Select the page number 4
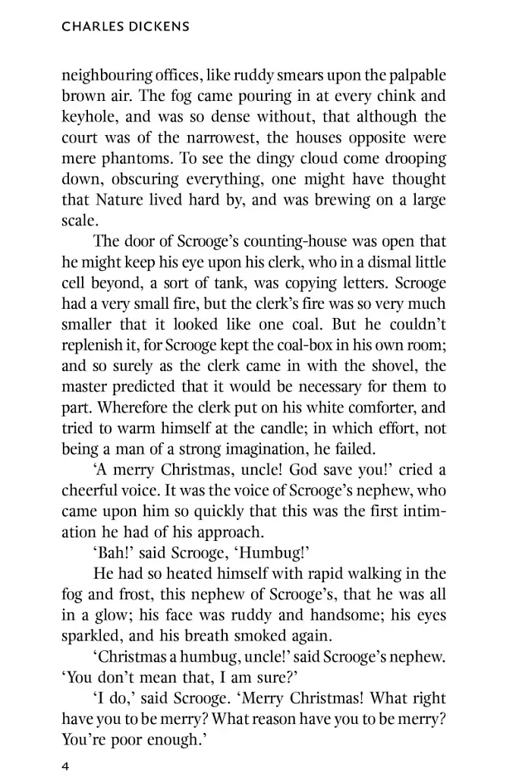coord(65,766)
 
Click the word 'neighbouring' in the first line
coord(105,77)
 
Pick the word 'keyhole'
coord(86,118)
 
